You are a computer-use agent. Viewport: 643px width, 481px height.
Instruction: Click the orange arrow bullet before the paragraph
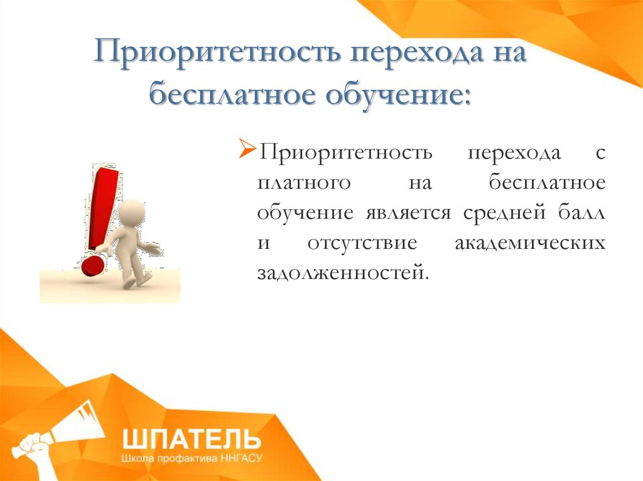tap(247, 149)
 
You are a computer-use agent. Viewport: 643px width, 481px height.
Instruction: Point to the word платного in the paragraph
tap(304, 183)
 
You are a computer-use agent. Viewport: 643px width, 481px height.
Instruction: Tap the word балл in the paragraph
tap(581, 212)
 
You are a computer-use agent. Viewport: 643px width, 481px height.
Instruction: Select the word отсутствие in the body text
tap(362, 243)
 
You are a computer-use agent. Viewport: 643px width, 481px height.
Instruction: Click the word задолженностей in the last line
tap(343, 273)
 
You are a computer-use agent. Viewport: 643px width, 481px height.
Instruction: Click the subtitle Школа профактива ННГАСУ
tap(191, 458)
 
